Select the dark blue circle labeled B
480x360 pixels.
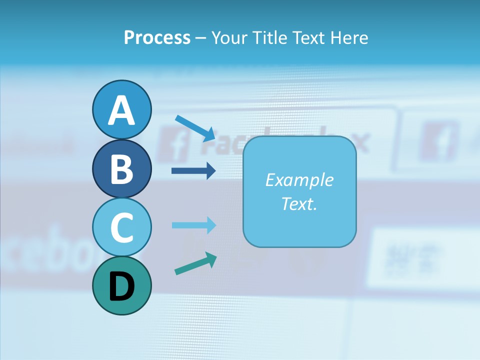coord(121,168)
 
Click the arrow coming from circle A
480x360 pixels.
coord(195,128)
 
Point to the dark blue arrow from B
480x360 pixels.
coord(193,171)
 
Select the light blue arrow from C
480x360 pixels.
coord(193,225)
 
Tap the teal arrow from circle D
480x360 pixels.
coord(195,263)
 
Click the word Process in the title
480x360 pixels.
coord(157,37)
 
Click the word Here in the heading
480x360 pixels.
coord(349,37)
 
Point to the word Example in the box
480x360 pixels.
coord(299,180)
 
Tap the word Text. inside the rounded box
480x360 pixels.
coord(299,203)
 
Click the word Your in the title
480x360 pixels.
coord(228,37)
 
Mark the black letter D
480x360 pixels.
coord(121,287)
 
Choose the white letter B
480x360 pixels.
coord(121,169)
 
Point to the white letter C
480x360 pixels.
coord(121,227)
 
